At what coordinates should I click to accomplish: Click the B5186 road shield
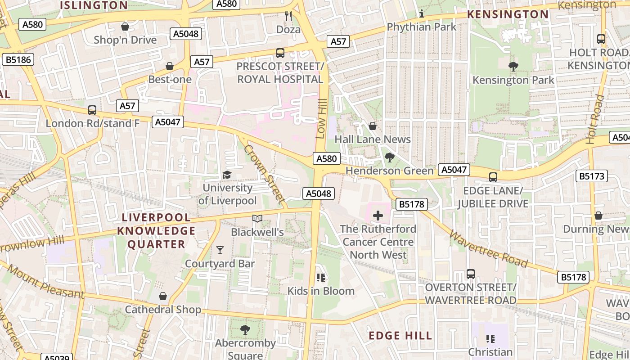[x=18, y=59]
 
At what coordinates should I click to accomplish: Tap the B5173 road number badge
[x=592, y=176]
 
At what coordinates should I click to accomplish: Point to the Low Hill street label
[x=321, y=119]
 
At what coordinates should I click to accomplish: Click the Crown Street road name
[x=265, y=173]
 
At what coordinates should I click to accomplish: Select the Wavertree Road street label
[x=488, y=249]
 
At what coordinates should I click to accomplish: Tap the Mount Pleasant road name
[x=45, y=282]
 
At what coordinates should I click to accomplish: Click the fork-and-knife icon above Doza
[x=288, y=16]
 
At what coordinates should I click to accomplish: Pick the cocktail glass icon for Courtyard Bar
[x=220, y=250]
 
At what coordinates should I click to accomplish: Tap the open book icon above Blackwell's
[x=257, y=219]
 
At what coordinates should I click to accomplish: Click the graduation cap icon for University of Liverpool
[x=227, y=175]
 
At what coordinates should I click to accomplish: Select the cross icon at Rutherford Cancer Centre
[x=378, y=216]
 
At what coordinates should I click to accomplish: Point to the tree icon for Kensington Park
[x=513, y=67]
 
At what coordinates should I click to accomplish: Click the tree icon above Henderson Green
[x=389, y=157]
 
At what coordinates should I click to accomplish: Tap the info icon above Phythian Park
[x=422, y=13]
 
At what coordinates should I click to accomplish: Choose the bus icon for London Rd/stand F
[x=92, y=110]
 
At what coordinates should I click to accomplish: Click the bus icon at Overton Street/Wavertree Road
[x=470, y=274]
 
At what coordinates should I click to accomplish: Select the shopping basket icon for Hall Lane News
[x=372, y=126]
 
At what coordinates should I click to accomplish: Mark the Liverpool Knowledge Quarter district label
[x=156, y=231]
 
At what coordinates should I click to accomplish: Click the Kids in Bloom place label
[x=321, y=291]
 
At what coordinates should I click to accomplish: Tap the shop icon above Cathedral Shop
[x=163, y=296]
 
